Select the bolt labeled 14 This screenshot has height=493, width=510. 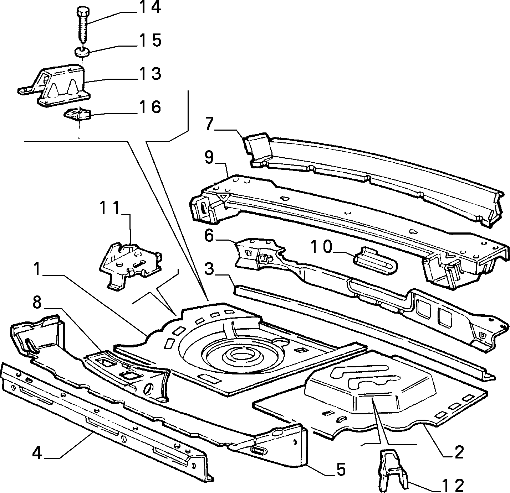click(x=83, y=25)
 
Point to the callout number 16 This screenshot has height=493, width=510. click(x=149, y=107)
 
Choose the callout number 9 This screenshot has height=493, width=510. click(x=209, y=158)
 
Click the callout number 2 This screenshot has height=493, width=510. click(x=459, y=452)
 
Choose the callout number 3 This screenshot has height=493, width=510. click(x=209, y=270)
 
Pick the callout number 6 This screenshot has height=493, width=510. click(x=209, y=237)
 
